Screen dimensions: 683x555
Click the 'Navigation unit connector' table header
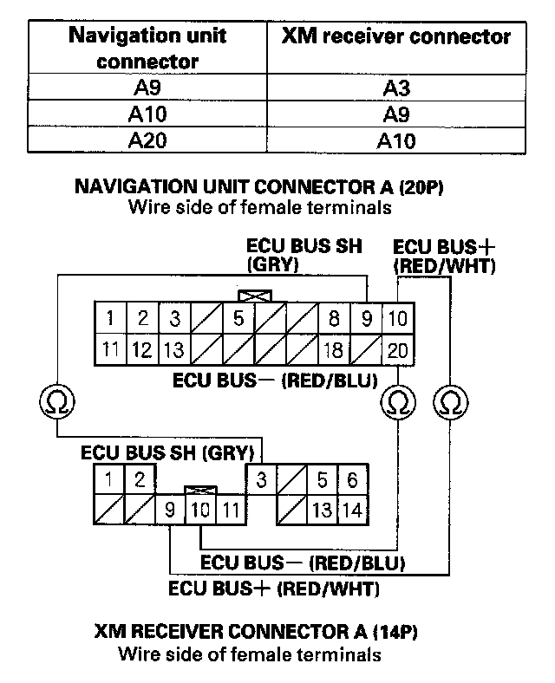[x=147, y=49]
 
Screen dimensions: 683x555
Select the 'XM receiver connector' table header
[x=396, y=37]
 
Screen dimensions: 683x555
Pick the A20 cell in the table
[x=147, y=141]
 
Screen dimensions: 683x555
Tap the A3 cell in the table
[x=396, y=87]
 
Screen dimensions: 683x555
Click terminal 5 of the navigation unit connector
[x=238, y=318]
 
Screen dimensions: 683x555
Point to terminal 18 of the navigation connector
[x=334, y=351]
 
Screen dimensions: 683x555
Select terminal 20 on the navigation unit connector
[x=398, y=351]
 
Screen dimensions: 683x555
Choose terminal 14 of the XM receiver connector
[x=351, y=509]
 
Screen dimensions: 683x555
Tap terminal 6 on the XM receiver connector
[x=351, y=479]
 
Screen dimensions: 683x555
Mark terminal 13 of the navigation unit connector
[x=174, y=351]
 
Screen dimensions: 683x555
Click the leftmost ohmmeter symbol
[x=58, y=402]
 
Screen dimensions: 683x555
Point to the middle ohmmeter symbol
[x=398, y=402]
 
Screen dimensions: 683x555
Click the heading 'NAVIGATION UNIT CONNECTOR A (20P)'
[x=259, y=187]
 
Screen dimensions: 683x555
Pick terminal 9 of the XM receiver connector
[x=171, y=510]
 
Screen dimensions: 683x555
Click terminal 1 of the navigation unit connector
[x=110, y=318]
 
